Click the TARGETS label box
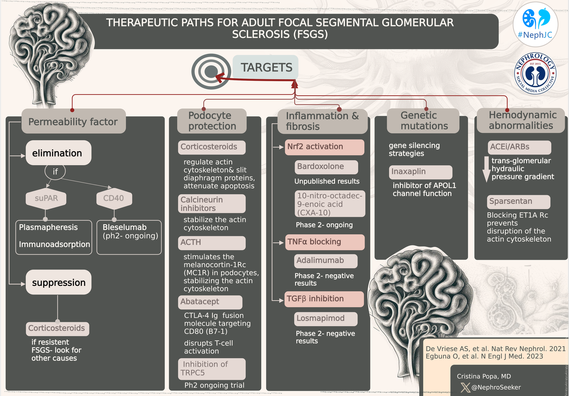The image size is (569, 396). coord(266,67)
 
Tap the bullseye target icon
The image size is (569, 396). coord(211,72)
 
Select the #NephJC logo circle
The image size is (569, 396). coord(535,24)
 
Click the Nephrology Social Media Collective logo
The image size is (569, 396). coord(535,73)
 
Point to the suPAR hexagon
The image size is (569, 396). coord(46,198)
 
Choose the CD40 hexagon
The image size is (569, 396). coord(114,198)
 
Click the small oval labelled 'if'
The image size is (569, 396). coord(55,171)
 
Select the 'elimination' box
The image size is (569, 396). coord(58,153)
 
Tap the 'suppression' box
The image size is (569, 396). coord(58,282)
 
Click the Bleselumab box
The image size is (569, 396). coord(129,237)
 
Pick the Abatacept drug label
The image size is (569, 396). coord(210,302)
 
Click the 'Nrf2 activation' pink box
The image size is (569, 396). coord(324,147)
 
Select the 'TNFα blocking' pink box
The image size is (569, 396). coord(325,242)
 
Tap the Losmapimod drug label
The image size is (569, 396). coord(325,319)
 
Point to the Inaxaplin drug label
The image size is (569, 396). coord(420,172)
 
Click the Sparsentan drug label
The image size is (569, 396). coord(518,201)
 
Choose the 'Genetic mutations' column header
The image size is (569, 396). coord(423,121)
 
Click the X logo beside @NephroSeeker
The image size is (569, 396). coord(465,387)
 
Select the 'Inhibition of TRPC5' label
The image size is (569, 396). coord(212,369)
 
